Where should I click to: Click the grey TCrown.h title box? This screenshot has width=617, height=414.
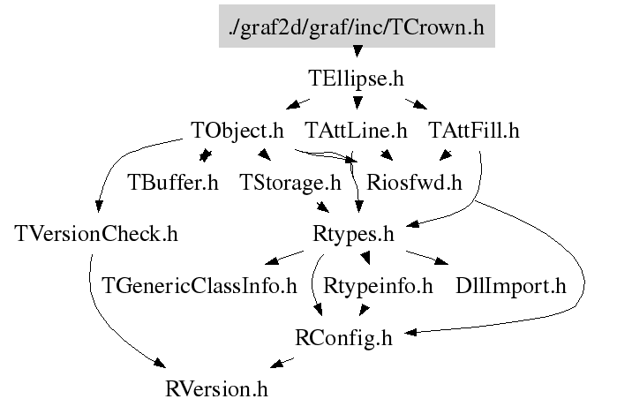(357, 26)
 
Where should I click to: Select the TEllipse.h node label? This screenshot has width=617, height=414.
(356, 79)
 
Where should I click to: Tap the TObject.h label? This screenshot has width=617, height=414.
(237, 131)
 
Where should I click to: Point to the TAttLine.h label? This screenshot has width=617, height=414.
(356, 131)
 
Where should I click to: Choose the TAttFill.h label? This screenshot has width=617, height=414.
(474, 131)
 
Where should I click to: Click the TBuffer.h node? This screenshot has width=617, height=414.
(173, 182)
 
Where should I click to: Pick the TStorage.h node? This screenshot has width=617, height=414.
(290, 183)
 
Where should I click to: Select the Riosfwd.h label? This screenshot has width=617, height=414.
(414, 182)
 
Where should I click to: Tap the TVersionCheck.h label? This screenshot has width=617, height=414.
(96, 234)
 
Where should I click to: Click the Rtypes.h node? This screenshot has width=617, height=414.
(353, 235)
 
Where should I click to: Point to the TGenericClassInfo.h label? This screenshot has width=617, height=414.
(199, 286)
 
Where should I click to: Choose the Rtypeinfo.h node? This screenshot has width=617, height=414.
(378, 286)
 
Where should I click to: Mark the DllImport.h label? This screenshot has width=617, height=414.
(511, 286)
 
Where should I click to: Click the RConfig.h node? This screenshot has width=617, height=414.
(343, 338)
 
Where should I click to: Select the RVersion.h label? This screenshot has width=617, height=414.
(216, 389)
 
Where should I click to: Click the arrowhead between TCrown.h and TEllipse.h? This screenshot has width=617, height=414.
(357, 51)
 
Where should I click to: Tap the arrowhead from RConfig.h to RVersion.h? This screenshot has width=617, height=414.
(276, 364)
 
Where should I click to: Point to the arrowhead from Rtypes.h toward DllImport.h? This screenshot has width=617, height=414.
(442, 261)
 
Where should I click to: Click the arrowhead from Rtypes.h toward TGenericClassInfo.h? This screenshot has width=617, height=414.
(272, 260)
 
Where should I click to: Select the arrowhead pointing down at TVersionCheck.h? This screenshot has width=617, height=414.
(99, 207)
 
